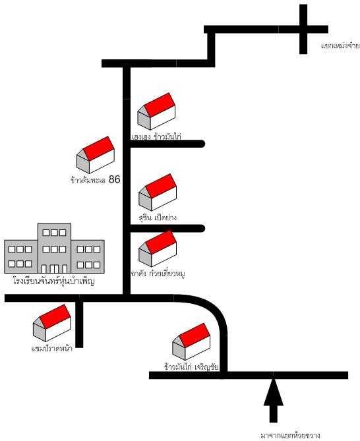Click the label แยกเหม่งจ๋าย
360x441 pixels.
click(x=340, y=45)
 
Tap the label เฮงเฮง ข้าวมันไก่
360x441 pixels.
click(x=156, y=136)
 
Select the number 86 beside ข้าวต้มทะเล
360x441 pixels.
click(x=115, y=179)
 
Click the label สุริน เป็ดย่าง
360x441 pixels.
click(x=158, y=218)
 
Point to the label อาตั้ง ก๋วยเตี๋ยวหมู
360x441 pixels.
click(x=158, y=274)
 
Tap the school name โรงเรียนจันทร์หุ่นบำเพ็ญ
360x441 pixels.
click(x=53, y=281)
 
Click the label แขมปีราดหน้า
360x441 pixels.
click(x=51, y=349)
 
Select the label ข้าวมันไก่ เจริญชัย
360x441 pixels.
click(x=191, y=367)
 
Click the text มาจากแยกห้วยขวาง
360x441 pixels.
click(x=290, y=436)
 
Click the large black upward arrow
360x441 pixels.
click(x=274, y=401)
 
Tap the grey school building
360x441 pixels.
click(x=54, y=249)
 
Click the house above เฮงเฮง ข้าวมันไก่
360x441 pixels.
click(x=156, y=111)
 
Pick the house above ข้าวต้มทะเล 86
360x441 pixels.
click(x=96, y=155)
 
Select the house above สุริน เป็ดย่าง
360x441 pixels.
click(x=158, y=192)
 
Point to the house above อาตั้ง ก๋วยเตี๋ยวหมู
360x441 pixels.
click(x=158, y=249)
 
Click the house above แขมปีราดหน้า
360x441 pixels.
click(x=51, y=323)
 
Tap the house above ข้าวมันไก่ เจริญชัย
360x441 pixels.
click(x=191, y=341)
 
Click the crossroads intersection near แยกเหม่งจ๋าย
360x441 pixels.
click(x=303, y=29)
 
